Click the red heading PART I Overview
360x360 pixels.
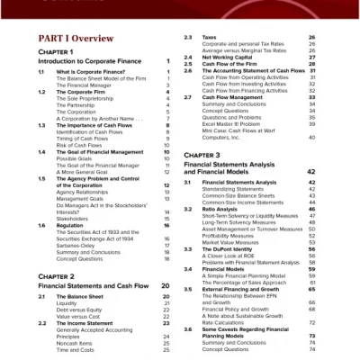coord(76,40)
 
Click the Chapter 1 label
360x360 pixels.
coord(56,52)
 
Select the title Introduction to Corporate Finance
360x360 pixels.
coord(91,60)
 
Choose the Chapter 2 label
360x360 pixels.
coord(57,276)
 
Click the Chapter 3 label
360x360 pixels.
coord(202,156)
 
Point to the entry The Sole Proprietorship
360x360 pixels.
coord(89,97)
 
